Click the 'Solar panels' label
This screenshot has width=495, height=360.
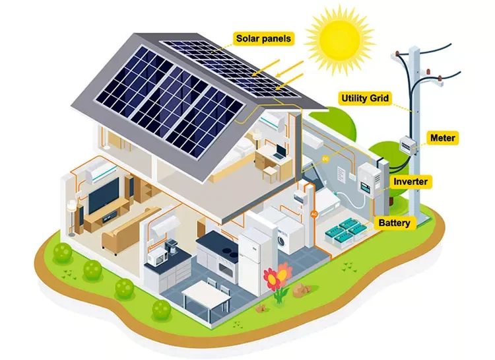click(x=263, y=38)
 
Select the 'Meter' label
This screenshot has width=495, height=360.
click(x=442, y=138)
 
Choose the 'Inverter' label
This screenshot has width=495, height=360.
click(x=411, y=182)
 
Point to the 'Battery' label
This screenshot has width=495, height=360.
click(x=394, y=223)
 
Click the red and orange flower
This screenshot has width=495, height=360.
click(x=277, y=275)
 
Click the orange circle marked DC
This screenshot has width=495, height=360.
click(x=325, y=159)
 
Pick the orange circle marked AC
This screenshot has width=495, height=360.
click(x=314, y=214)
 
